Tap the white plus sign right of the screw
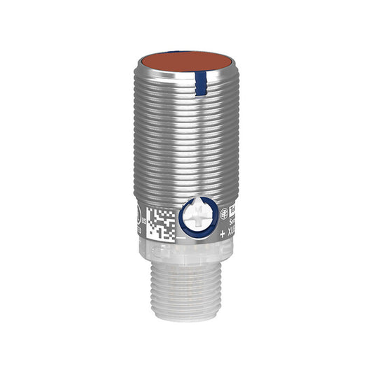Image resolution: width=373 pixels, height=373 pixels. point(222,234)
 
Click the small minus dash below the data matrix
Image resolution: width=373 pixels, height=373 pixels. point(181,238)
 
